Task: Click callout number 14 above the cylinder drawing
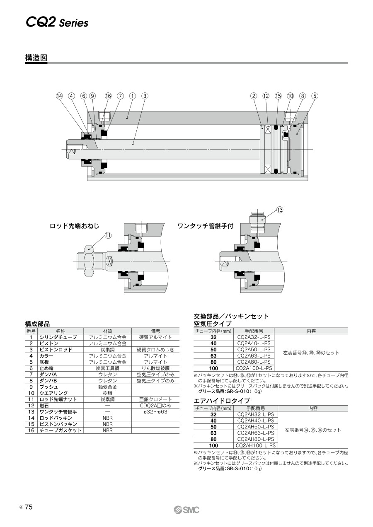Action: click(59, 96)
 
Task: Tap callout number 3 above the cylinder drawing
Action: click(145, 96)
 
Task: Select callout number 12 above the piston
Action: click(266, 96)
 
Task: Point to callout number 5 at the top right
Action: click(315, 96)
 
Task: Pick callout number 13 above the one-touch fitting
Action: click(280, 210)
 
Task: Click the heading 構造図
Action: click(36, 58)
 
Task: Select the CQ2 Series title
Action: click(57, 23)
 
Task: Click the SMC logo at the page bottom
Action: click(186, 510)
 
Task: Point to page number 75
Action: click(29, 508)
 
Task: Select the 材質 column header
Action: click(107, 331)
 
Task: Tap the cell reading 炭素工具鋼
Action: click(107, 368)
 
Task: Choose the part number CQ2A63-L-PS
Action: click(254, 355)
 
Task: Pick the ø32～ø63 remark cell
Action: click(155, 411)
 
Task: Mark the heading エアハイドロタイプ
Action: click(222, 401)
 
